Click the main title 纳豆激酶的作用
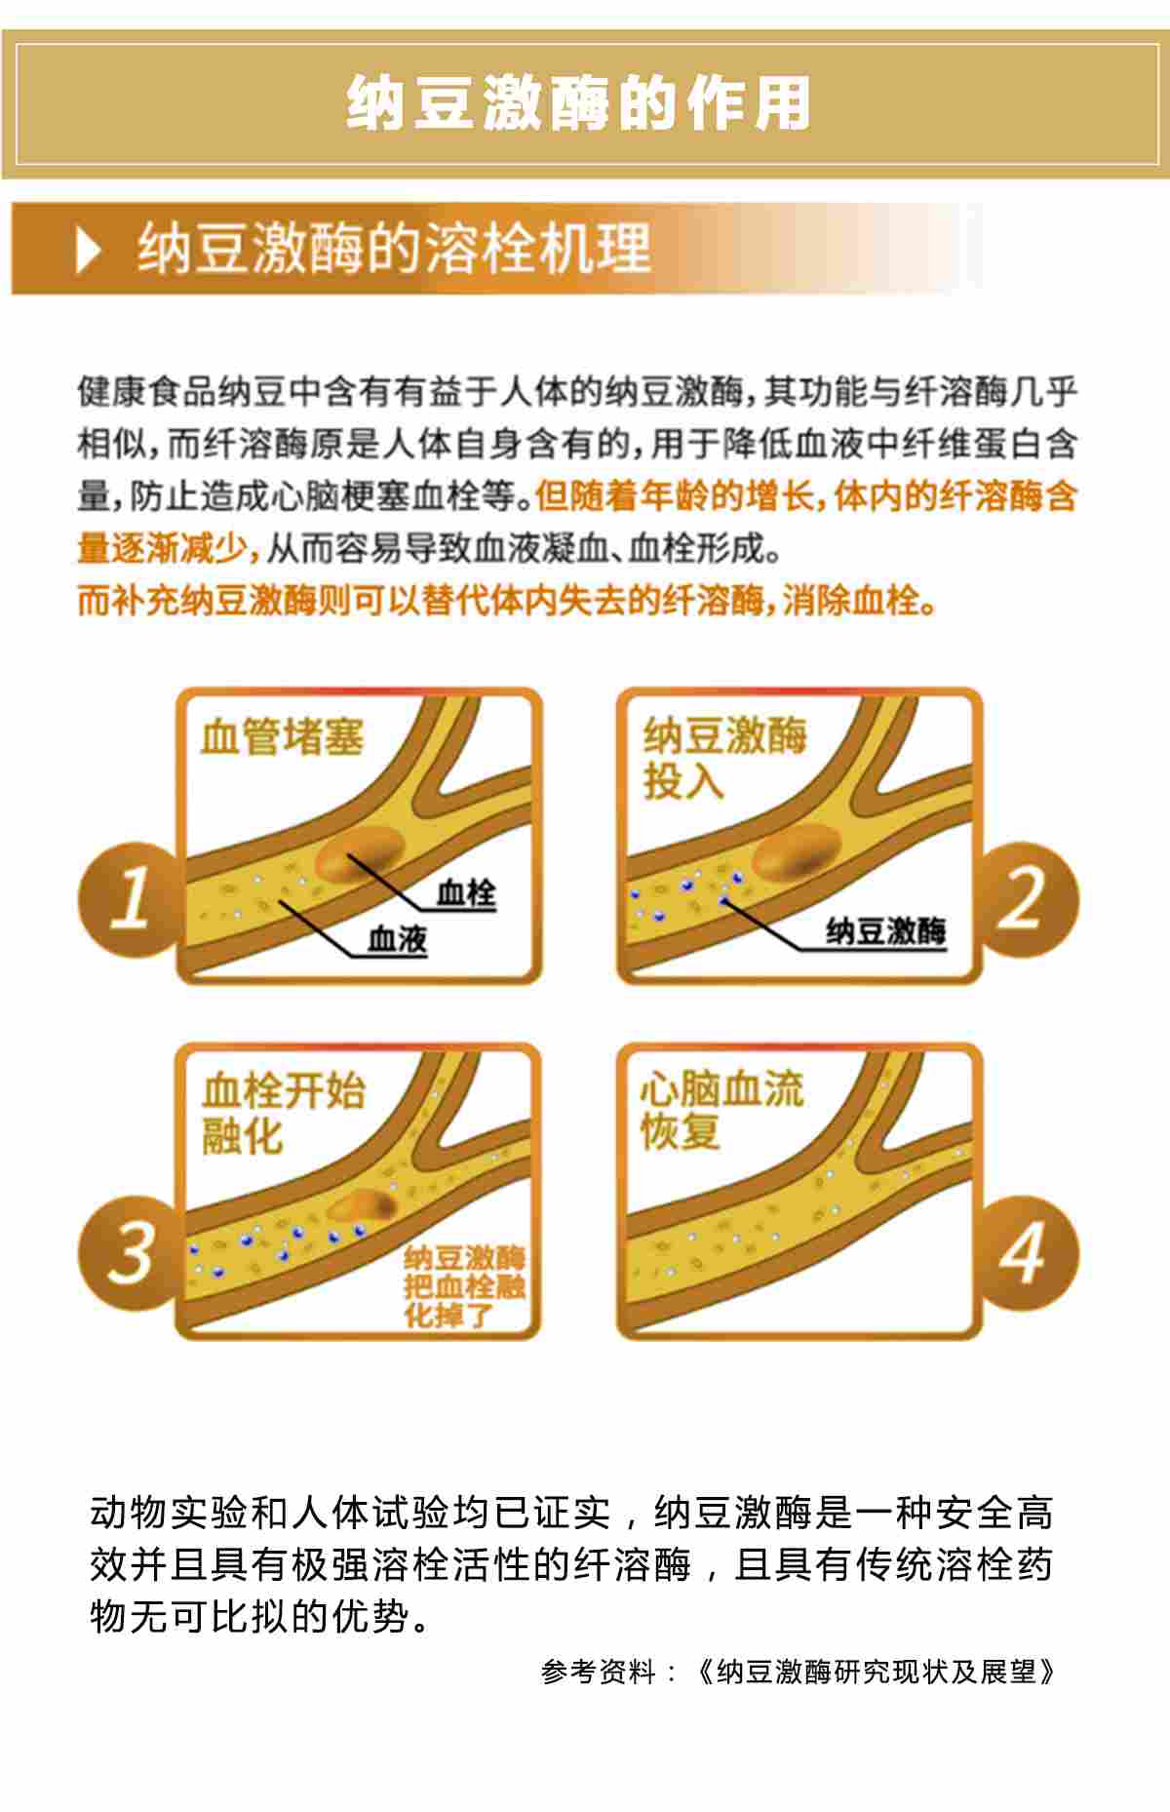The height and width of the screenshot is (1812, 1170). click(579, 102)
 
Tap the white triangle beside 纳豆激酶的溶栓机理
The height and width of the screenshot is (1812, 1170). click(88, 251)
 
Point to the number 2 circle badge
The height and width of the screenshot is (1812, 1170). click(1029, 897)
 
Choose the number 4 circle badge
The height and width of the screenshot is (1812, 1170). click(1029, 1252)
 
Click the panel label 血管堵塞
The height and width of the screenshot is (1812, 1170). click(282, 737)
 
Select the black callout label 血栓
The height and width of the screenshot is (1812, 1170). click(466, 892)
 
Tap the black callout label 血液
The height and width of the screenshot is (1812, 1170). click(397, 939)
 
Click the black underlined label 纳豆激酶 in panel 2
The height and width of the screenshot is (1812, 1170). click(886, 931)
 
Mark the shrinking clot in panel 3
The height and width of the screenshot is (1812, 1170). click(362, 1207)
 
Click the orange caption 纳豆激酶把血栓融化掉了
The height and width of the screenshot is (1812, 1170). click(465, 1286)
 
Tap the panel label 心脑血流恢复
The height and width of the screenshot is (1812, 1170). click(721, 1110)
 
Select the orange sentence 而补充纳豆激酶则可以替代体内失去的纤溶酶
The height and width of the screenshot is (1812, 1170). click(420, 600)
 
